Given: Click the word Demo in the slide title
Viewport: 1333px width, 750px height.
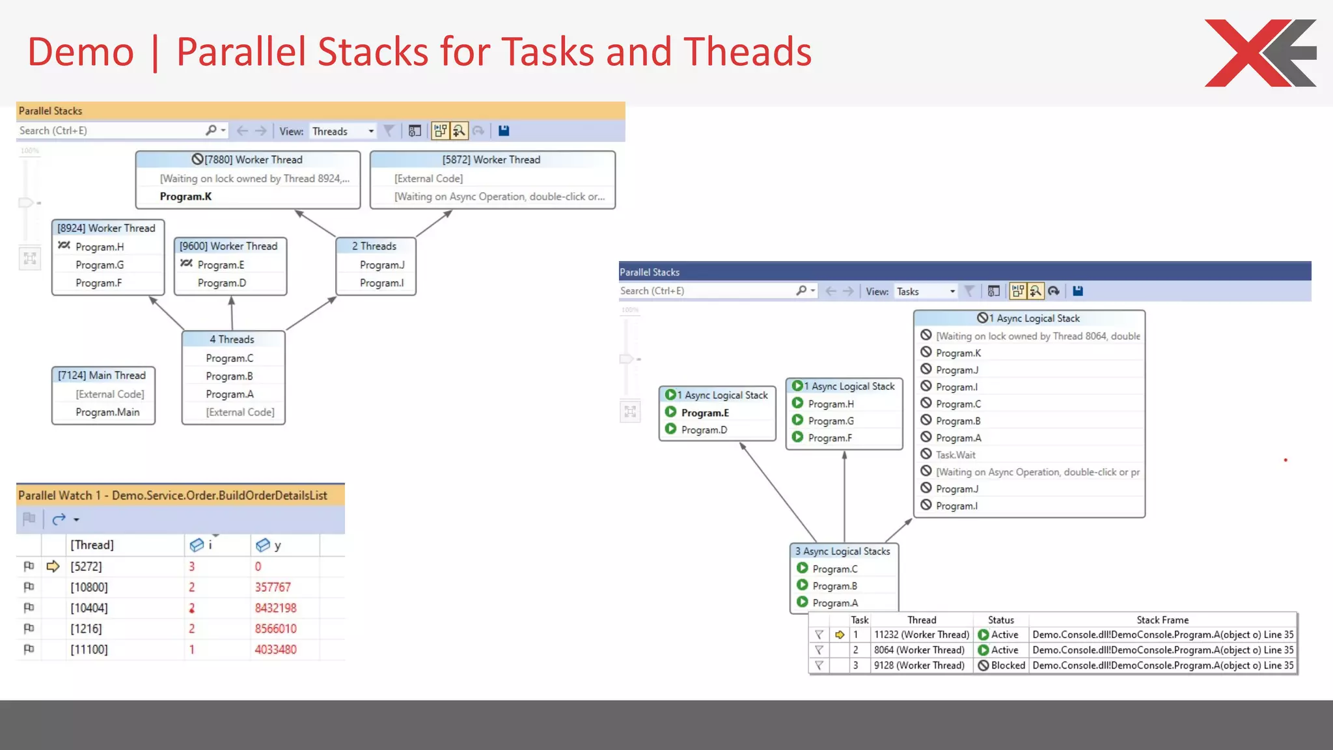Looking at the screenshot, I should tap(81, 52).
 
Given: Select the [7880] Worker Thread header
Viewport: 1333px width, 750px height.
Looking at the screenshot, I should tap(247, 160).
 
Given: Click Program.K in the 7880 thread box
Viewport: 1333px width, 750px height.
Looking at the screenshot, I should tap(186, 197).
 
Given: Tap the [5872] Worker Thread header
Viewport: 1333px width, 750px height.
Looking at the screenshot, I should tap(491, 160).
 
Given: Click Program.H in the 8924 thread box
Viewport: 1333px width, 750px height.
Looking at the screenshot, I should tap(100, 247).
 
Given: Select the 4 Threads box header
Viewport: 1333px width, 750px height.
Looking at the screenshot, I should tap(232, 339).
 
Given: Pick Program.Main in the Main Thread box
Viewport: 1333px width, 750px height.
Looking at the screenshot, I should tap(107, 412).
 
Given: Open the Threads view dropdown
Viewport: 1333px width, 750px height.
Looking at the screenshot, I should tap(370, 131).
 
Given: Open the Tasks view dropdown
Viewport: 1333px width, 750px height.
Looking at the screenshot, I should tap(952, 292).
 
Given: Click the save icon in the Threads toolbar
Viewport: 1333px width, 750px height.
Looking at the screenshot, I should tap(503, 131).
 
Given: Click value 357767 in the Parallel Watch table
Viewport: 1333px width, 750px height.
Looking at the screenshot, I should tap(273, 587).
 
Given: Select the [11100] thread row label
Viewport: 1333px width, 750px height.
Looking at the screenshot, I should tap(89, 649).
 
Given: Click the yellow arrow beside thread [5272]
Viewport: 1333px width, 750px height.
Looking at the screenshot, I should tap(53, 566).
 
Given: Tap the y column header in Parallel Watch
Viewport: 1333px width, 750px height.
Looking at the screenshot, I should tap(277, 546).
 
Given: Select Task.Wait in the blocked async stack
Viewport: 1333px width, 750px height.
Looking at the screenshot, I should tap(955, 455).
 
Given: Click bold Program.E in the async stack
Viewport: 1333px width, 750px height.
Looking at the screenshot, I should tap(705, 413).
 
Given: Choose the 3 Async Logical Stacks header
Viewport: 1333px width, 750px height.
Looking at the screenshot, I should tap(843, 551).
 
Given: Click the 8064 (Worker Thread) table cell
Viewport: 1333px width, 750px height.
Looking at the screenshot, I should tap(919, 650).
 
